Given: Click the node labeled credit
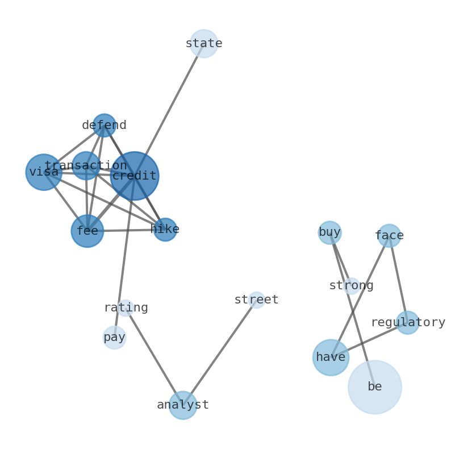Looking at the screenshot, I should pyautogui.click(x=135, y=176).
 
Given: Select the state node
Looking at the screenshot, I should pyautogui.click(x=204, y=44).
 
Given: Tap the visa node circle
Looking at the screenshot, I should pyautogui.click(x=44, y=172).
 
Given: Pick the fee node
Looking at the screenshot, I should pyautogui.click(x=87, y=231).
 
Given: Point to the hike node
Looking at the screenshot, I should pyautogui.click(x=165, y=230).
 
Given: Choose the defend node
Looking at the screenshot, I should pyautogui.click(x=105, y=126).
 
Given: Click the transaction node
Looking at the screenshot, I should pyautogui.click(x=86, y=166).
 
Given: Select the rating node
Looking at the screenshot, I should pyautogui.click(x=126, y=308).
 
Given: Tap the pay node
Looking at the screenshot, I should pyautogui.click(x=114, y=338).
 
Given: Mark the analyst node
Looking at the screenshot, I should pyautogui.click(x=183, y=405).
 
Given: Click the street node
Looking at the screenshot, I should pyautogui.click(x=257, y=300).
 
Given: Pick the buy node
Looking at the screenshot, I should pyautogui.click(x=330, y=232).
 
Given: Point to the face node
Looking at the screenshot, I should pyautogui.click(x=389, y=236).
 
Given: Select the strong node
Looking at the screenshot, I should pyautogui.click(x=352, y=286).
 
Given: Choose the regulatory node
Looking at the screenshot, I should pyautogui.click(x=408, y=323).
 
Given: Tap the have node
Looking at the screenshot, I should pyautogui.click(x=331, y=357).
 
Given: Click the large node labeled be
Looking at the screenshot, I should pyautogui.click(x=375, y=387).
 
